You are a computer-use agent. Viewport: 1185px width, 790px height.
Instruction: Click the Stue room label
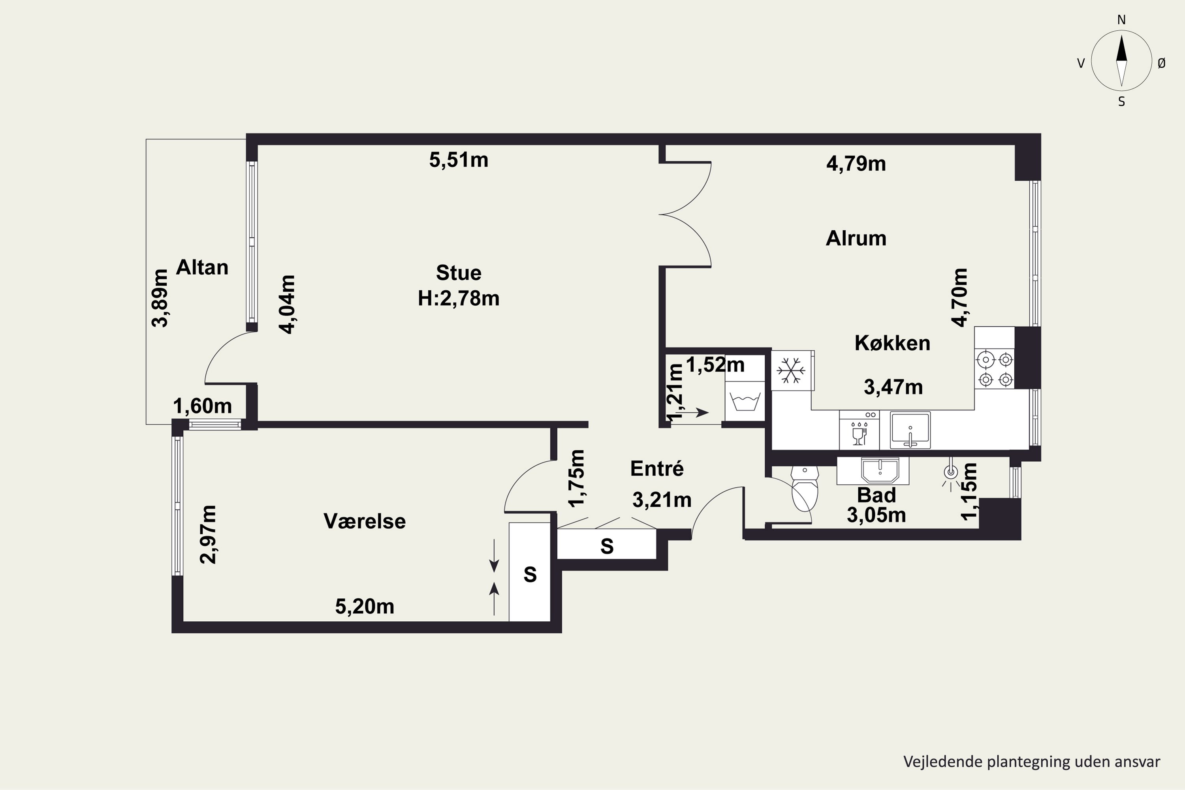[x=459, y=273]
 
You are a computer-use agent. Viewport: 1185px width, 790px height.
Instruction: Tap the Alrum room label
[x=856, y=238]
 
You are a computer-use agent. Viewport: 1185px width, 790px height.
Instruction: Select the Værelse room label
[x=365, y=521]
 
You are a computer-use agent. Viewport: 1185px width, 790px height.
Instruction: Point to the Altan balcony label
[x=202, y=267]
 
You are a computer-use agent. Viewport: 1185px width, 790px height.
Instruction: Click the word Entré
[x=657, y=468]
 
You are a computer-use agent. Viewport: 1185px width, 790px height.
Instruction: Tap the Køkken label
[x=892, y=343]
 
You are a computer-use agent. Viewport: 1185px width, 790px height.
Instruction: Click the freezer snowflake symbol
[x=791, y=371]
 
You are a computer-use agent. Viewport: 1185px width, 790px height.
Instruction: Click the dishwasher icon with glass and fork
[x=859, y=430]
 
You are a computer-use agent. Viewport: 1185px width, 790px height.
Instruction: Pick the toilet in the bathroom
[x=805, y=488]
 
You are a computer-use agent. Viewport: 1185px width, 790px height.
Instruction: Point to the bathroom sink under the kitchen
[x=880, y=470]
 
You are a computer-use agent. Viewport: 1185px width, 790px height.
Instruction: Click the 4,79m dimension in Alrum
[x=856, y=164]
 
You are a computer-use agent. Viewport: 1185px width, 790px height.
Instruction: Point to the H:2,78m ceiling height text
[x=459, y=299]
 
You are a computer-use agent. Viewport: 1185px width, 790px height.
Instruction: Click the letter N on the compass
[x=1121, y=20]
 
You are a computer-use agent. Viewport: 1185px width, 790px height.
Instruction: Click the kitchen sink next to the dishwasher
[x=910, y=430]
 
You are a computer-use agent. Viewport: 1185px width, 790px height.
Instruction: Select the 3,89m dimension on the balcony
[x=160, y=298]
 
